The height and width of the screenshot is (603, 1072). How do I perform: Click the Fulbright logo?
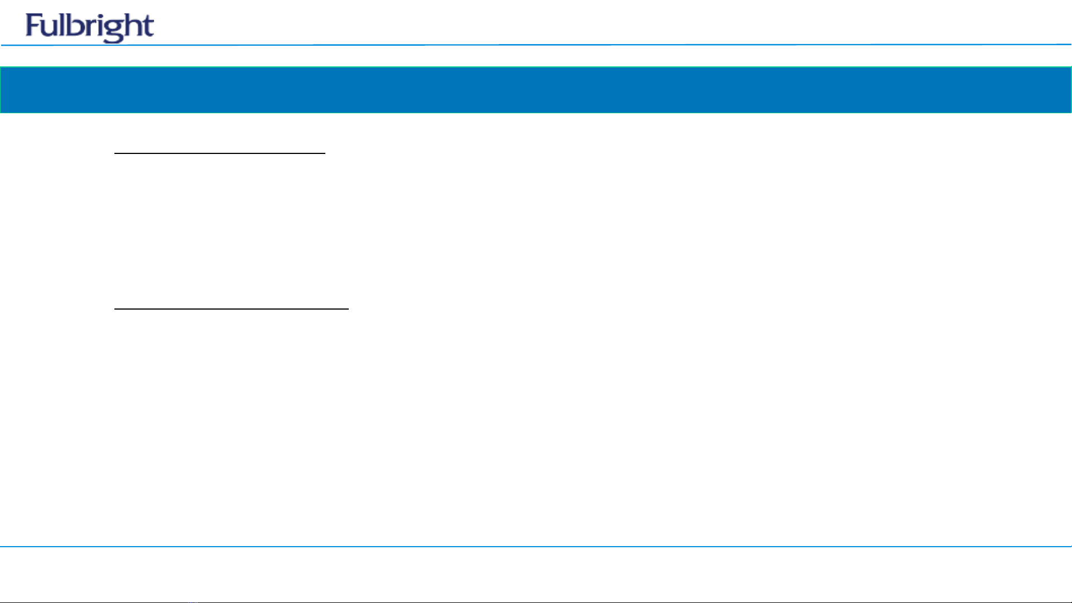[90, 27]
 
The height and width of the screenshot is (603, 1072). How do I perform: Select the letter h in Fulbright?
[132, 25]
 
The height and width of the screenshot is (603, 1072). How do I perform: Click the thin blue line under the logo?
[536, 45]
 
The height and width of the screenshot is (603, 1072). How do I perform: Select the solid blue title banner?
[536, 90]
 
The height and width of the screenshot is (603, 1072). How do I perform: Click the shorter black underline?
[220, 152]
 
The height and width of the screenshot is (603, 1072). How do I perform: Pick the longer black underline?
[232, 308]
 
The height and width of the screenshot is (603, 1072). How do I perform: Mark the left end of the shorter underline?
[115, 152]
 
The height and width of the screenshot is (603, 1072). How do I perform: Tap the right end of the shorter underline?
[325, 152]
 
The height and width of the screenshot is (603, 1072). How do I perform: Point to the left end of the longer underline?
[115, 308]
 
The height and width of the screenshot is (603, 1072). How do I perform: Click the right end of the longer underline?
[348, 308]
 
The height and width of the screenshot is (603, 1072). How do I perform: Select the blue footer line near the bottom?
[536, 547]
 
